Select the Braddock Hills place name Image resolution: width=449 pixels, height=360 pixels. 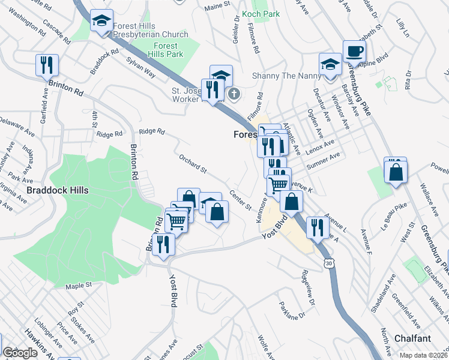click(x=58, y=190)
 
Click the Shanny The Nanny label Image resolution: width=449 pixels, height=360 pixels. click(x=282, y=76)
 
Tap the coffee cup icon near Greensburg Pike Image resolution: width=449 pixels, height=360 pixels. click(x=354, y=51)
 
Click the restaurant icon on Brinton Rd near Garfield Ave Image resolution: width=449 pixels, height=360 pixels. click(x=47, y=65)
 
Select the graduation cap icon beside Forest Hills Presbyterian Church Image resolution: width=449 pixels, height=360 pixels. click(x=101, y=21)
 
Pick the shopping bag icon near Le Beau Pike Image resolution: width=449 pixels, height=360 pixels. click(x=396, y=173)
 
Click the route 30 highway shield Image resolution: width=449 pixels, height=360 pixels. click(x=328, y=263)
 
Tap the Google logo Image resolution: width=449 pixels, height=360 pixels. click(x=20, y=353)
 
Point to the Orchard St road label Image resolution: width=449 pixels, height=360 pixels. click(x=192, y=164)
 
